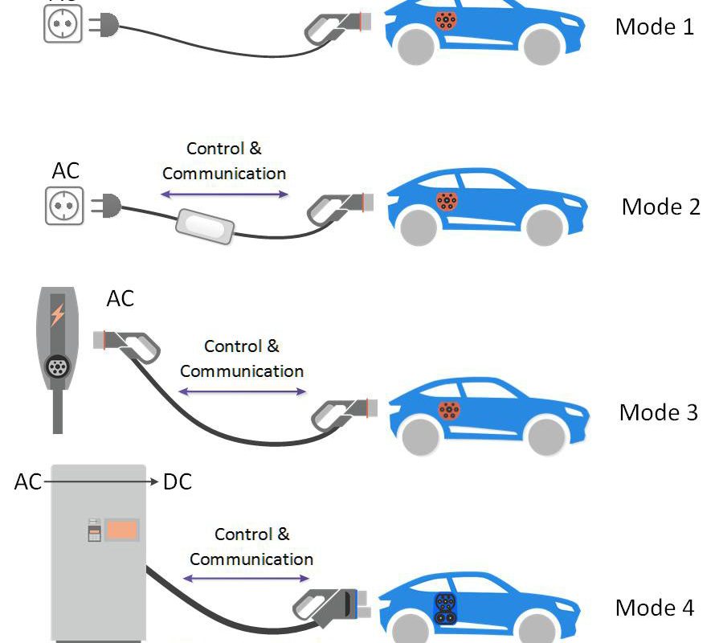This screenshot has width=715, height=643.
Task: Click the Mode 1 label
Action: pyautogui.click(x=654, y=27)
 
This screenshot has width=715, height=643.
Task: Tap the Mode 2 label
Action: pyautogui.click(x=660, y=207)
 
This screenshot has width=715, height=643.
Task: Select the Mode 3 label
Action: pyautogui.click(x=658, y=412)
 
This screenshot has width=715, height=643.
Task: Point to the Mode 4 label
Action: pyautogui.click(x=654, y=608)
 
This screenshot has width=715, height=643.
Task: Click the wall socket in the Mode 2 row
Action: pyautogui.click(x=63, y=207)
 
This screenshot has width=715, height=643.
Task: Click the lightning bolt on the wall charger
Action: pyautogui.click(x=57, y=314)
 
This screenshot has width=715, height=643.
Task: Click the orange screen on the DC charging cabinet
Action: pyautogui.click(x=122, y=530)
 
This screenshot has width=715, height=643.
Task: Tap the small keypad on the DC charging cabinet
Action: pyautogui.click(x=94, y=530)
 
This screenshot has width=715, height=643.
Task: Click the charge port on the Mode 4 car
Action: pyautogui.click(x=444, y=608)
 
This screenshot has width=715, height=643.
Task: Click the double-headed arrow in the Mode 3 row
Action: pyautogui.click(x=242, y=392)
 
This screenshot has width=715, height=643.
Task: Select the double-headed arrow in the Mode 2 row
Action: pyautogui.click(x=224, y=194)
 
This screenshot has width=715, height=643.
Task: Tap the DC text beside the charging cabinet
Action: pyautogui.click(x=178, y=482)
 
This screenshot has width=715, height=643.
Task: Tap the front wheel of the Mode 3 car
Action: pyautogui.click(x=545, y=435)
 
